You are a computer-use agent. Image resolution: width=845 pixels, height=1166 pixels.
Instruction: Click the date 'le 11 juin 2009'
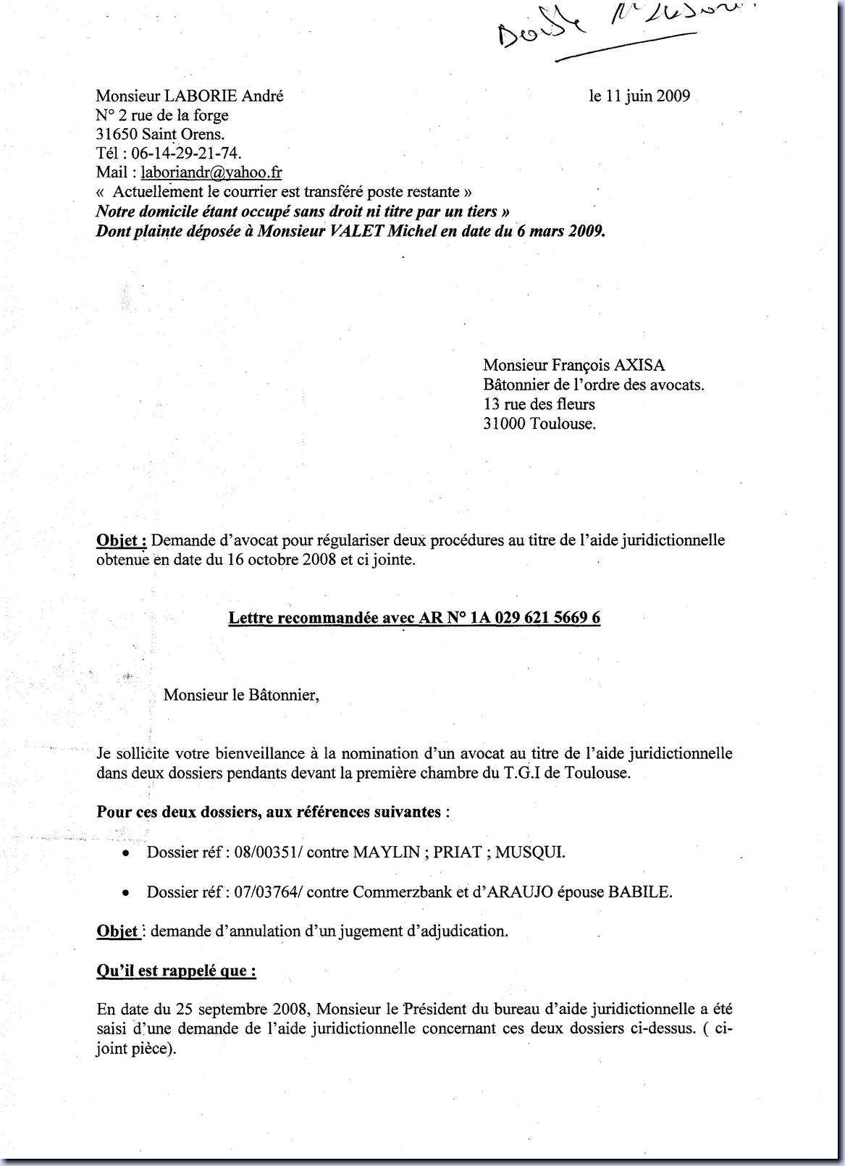[639, 96]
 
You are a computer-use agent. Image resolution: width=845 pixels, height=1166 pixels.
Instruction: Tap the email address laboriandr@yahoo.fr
[211, 172]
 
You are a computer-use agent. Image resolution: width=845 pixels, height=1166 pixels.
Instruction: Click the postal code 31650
[117, 134]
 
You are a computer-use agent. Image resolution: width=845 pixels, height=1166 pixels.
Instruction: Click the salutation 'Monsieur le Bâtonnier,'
[241, 695]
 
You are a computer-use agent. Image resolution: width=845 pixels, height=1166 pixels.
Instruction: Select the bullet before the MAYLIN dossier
[126, 853]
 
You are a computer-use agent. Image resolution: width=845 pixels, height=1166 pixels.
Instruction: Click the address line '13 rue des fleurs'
[539, 404]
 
